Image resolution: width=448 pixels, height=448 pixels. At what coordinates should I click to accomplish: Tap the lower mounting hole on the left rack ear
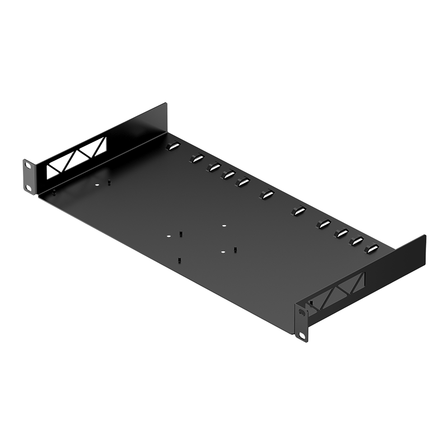click(x=26, y=186)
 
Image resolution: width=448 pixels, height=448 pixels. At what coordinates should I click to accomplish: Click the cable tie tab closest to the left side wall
click(x=171, y=147)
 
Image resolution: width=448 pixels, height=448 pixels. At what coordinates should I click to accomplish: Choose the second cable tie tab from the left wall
click(x=196, y=158)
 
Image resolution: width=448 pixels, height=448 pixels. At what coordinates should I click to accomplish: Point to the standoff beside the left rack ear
click(x=54, y=192)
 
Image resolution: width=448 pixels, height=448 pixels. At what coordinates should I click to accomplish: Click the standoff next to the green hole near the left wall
click(x=109, y=183)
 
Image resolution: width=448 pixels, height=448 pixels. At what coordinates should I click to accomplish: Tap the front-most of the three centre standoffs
click(x=179, y=260)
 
